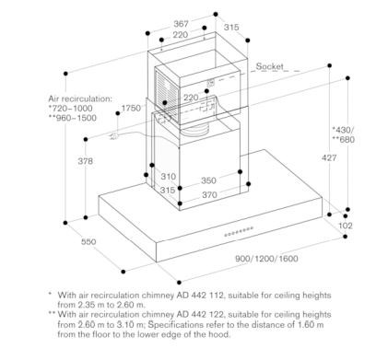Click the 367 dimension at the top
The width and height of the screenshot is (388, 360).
pyautogui.click(x=181, y=23)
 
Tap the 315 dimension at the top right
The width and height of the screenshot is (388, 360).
pyautogui.click(x=231, y=28)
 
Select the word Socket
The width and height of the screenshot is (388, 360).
pyautogui.click(x=270, y=66)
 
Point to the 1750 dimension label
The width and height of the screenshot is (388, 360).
pyautogui.click(x=131, y=108)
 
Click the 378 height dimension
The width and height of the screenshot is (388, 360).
pyautogui.click(x=85, y=161)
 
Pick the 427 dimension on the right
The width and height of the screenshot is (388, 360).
pyautogui.click(x=329, y=157)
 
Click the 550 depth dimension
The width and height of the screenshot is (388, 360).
pyautogui.click(x=88, y=241)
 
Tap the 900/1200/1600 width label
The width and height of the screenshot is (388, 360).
pyautogui.click(x=266, y=259)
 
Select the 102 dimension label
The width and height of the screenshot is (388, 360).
pyautogui.click(x=346, y=226)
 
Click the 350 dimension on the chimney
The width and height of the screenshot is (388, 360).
pyautogui.click(x=208, y=180)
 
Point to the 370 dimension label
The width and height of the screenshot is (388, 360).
pyautogui.click(x=209, y=194)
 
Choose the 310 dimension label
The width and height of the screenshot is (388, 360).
pyautogui.click(x=169, y=177)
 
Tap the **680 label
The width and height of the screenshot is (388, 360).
pyautogui.click(x=343, y=140)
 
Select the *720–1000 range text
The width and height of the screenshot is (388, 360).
pyautogui.click(x=70, y=109)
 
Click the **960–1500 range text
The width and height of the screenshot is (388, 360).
pyautogui.click(x=73, y=118)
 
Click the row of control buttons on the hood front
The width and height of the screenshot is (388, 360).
pyautogui.click(x=239, y=232)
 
